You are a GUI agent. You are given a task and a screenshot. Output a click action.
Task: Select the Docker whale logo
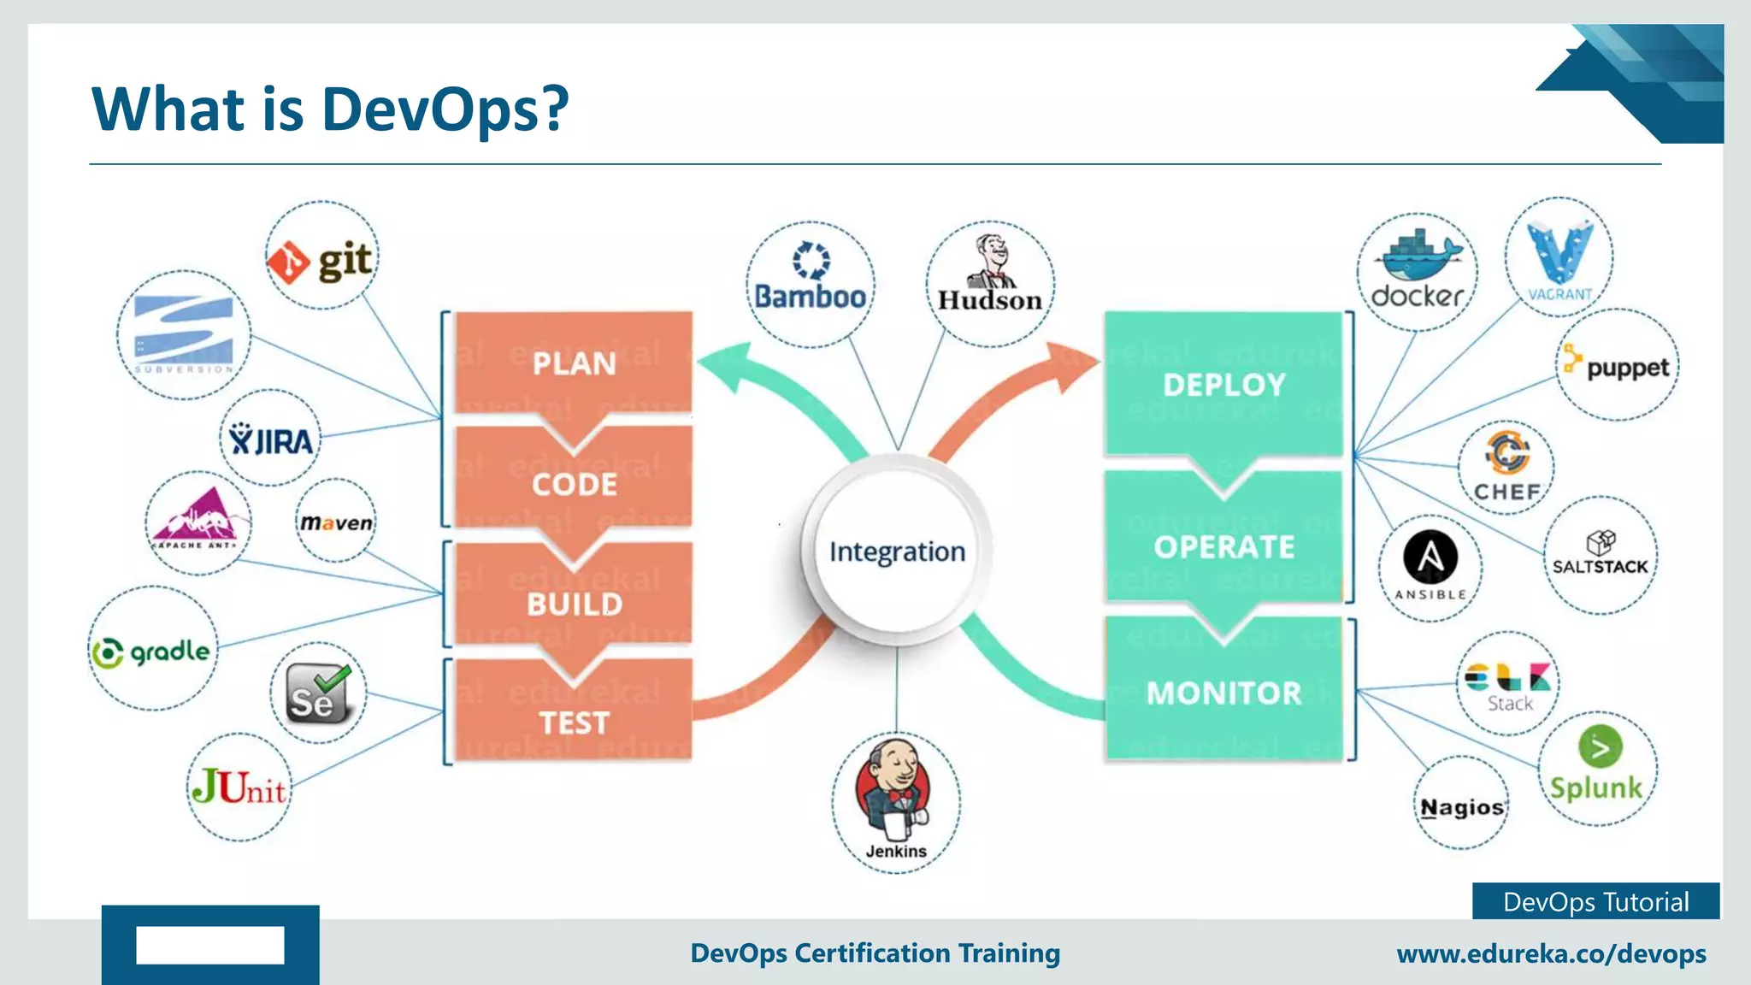pos(1417,256)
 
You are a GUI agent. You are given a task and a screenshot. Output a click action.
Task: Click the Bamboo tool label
pos(810,297)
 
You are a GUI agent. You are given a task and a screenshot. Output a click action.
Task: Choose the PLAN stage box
pos(574,363)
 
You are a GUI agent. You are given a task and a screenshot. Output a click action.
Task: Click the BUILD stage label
pos(575,605)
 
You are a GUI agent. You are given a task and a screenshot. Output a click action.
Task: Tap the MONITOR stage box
pos(1223,693)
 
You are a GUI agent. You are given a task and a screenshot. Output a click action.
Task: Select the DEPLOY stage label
pos(1223,385)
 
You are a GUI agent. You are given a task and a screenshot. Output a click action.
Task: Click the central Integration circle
pos(897,551)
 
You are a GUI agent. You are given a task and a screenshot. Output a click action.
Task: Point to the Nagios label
pos(1462,807)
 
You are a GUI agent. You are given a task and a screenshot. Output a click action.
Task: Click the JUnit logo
pos(239,787)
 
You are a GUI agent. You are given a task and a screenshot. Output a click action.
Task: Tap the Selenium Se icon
pos(317,693)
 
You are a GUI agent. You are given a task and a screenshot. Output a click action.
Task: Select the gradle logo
pos(152,652)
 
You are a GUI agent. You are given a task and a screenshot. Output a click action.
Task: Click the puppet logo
pos(1616,366)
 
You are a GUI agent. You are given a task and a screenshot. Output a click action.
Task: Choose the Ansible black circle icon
pos(1430,557)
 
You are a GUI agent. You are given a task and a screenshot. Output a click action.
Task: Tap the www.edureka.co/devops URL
pos(1551,953)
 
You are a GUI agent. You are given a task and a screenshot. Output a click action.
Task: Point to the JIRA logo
pos(271,440)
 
